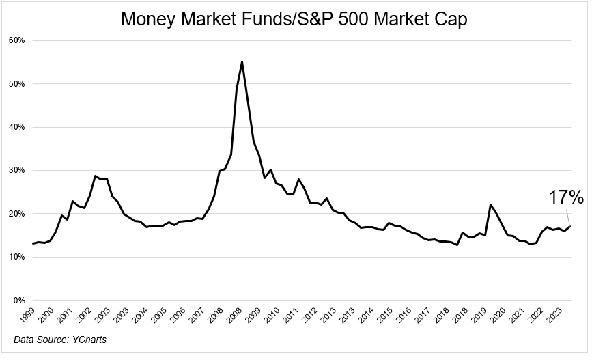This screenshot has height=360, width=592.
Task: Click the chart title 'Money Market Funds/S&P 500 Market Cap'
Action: click(294, 19)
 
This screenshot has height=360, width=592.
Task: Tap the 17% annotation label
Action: click(566, 198)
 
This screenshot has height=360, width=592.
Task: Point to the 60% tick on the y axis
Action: click(17, 40)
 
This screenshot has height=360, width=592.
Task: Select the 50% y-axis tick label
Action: click(17, 84)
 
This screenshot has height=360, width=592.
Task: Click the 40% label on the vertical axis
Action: click(17, 127)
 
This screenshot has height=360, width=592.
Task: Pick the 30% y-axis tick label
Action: click(17, 170)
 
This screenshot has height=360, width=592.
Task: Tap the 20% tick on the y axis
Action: click(17, 214)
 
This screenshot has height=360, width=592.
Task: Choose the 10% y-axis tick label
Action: click(17, 257)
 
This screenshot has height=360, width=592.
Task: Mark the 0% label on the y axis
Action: click(19, 300)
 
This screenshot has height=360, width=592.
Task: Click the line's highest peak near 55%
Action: click(242, 61)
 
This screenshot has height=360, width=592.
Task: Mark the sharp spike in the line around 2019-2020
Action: click(490, 204)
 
